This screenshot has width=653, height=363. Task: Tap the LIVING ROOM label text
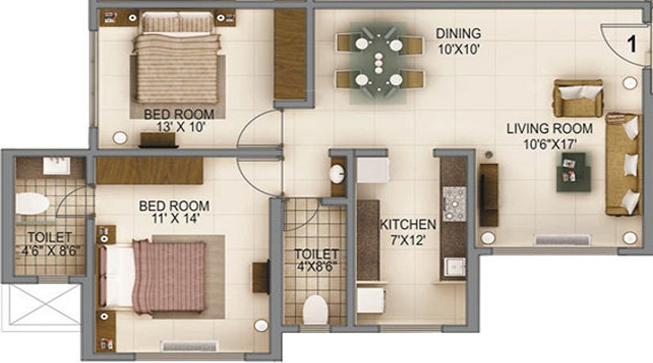click(x=549, y=129)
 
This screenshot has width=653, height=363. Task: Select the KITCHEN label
click(x=408, y=225)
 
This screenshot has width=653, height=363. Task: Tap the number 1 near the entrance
click(x=631, y=44)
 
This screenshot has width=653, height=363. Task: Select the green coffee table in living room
click(x=574, y=172)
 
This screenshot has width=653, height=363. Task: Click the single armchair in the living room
click(x=578, y=98)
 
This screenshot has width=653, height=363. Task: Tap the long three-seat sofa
click(x=624, y=164)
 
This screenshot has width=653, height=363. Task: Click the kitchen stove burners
click(x=454, y=199)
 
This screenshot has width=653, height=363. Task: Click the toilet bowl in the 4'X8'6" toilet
click(x=316, y=309)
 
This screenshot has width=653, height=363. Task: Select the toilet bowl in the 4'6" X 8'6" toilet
click(x=31, y=204)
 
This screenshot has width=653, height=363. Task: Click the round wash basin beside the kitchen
click(x=337, y=174)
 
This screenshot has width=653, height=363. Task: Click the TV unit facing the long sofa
click(x=489, y=195)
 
